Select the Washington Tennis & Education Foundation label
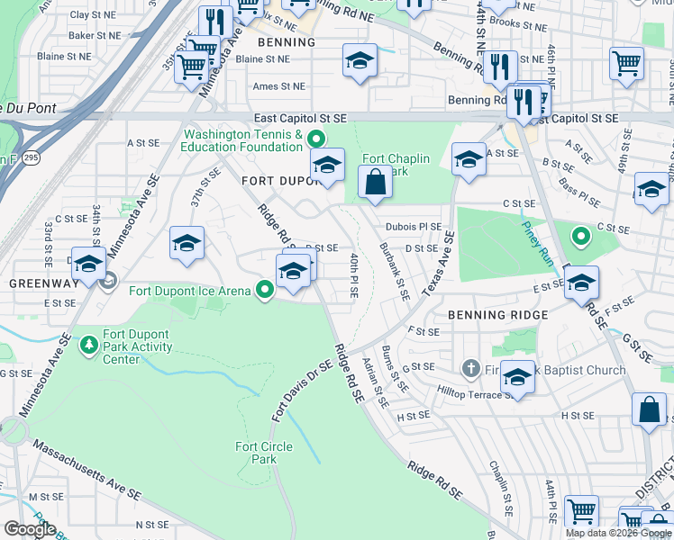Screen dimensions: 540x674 pyautogui.click(x=242, y=140)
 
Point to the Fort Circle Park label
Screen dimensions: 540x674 pyautogui.click(x=263, y=453)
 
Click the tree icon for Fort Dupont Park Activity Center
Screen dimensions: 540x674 pyautogui.click(x=88, y=345)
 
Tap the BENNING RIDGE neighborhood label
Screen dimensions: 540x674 pyautogui.click(x=497, y=315)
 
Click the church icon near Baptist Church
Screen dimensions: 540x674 pyautogui.click(x=470, y=369)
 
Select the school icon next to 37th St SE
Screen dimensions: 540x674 pyautogui.click(x=187, y=243)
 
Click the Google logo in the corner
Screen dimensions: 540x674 pyautogui.click(x=31, y=529)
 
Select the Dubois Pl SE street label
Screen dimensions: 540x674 pyautogui.click(x=414, y=227)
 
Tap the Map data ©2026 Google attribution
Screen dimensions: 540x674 pyautogui.click(x=618, y=533)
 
